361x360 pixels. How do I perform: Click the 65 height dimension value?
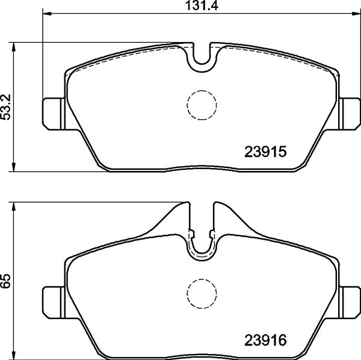point(6,282)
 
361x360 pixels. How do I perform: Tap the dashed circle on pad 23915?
point(202,105)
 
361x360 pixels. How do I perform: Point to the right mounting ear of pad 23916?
point(349,299)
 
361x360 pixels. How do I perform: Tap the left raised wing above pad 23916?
point(174,217)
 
